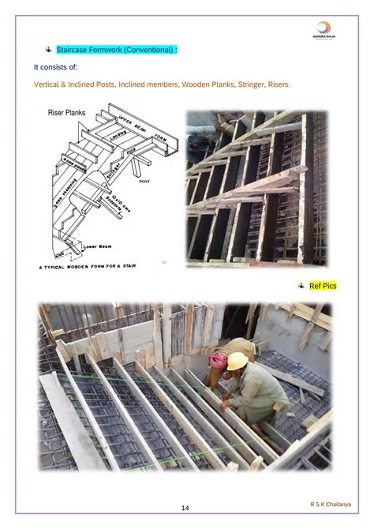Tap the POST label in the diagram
(144, 181)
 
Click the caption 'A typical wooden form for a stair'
(88, 266)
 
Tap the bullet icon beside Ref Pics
(301, 285)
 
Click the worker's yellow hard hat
(237, 361)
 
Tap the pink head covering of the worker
(217, 360)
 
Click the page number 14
(185, 508)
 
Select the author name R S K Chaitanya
(331, 503)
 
